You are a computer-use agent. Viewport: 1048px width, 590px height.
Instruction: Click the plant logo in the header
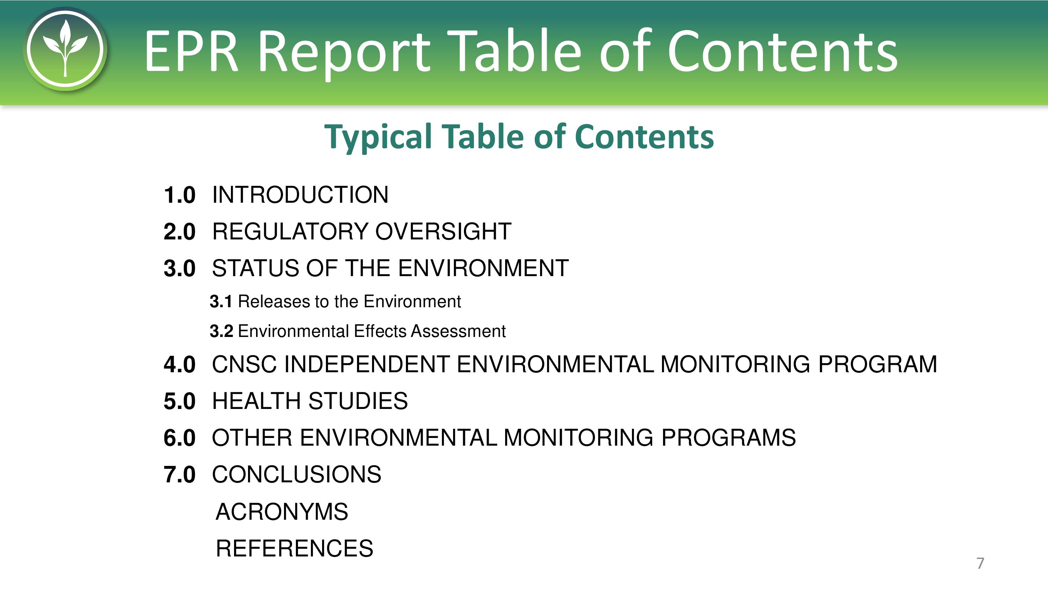(65, 49)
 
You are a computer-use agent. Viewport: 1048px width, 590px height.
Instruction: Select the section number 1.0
(180, 195)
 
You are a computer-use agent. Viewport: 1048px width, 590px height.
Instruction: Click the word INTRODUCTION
(300, 195)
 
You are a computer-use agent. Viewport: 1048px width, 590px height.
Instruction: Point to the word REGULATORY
(291, 231)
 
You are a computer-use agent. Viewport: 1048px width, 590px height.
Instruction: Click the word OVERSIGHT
(443, 231)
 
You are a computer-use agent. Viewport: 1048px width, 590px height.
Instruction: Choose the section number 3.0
(180, 268)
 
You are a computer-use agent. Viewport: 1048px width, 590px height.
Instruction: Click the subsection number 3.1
(221, 302)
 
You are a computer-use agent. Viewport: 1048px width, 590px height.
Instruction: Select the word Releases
(275, 302)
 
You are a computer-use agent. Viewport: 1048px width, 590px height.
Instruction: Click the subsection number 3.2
(221, 331)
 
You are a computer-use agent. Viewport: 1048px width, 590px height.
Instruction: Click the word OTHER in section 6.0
(252, 438)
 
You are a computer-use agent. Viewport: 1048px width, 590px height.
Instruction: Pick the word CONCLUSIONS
(297, 474)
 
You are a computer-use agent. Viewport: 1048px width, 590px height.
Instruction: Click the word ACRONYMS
(282, 511)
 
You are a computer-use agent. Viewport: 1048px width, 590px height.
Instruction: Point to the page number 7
(980, 563)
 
